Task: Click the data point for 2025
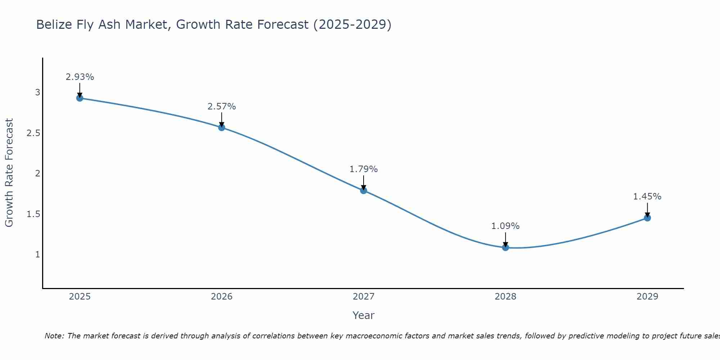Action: click(x=80, y=98)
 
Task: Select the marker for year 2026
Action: click(x=222, y=127)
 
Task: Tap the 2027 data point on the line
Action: click(x=364, y=190)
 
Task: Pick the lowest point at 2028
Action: click(x=505, y=247)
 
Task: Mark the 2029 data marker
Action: click(x=647, y=218)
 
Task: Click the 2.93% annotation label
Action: click(x=80, y=77)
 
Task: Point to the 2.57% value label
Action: click(x=222, y=107)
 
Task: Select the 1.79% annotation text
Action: click(x=364, y=169)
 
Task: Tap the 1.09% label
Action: click(x=505, y=226)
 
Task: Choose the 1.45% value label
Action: click(x=647, y=197)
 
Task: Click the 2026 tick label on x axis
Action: click(x=222, y=297)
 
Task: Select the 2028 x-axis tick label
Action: click(x=505, y=297)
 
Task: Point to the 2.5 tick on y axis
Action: click(x=33, y=133)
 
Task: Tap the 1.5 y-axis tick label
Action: click(x=33, y=214)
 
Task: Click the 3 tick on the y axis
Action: click(x=37, y=93)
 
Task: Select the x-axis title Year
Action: click(x=364, y=315)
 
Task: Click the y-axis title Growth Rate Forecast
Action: click(x=9, y=173)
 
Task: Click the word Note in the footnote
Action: click(x=54, y=336)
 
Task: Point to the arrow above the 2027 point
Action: click(x=364, y=182)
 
